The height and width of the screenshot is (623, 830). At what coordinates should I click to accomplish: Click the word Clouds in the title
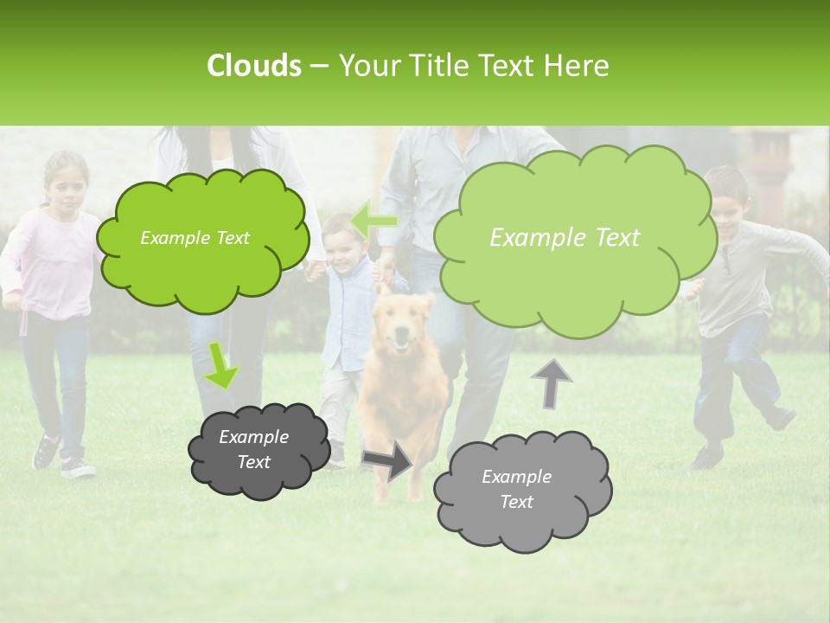pyautogui.click(x=253, y=66)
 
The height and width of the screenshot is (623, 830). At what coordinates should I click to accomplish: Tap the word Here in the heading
pyautogui.click(x=577, y=66)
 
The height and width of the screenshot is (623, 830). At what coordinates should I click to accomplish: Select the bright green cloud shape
pyautogui.click(x=201, y=240)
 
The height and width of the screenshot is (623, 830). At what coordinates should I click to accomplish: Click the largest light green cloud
pyautogui.click(x=573, y=238)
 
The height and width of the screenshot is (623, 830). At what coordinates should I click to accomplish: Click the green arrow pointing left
pyautogui.click(x=374, y=221)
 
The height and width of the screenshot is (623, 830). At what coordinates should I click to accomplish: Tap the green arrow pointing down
pyautogui.click(x=221, y=365)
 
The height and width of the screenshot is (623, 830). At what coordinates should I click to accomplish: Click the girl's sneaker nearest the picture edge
pyautogui.click(x=45, y=453)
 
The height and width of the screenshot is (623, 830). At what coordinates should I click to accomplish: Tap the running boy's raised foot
pyautogui.click(x=782, y=419)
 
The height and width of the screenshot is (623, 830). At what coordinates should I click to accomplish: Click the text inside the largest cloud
pyautogui.click(x=565, y=238)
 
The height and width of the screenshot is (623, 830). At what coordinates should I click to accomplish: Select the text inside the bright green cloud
pyautogui.click(x=195, y=238)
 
